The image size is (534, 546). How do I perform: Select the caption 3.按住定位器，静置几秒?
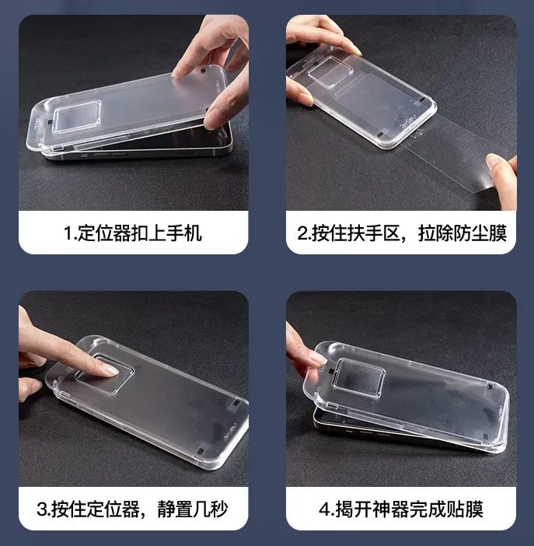tap(133, 509)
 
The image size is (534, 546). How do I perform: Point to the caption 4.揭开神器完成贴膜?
tap(402, 509)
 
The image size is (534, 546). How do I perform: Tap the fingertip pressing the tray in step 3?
tap(105, 369)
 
